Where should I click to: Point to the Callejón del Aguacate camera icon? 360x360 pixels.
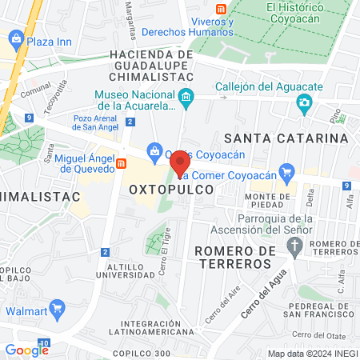click(x=304, y=102)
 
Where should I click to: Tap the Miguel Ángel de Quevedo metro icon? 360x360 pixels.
click(x=122, y=163)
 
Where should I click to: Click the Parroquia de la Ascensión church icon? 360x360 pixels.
click(x=295, y=244)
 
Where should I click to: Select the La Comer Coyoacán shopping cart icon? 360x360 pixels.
click(x=288, y=170)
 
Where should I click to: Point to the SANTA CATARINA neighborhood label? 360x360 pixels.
click(x=286, y=138)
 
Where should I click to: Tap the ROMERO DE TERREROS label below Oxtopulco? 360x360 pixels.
click(x=234, y=258)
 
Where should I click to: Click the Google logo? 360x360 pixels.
click(x=26, y=350)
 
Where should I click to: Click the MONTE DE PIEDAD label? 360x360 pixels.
click(x=267, y=202)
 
